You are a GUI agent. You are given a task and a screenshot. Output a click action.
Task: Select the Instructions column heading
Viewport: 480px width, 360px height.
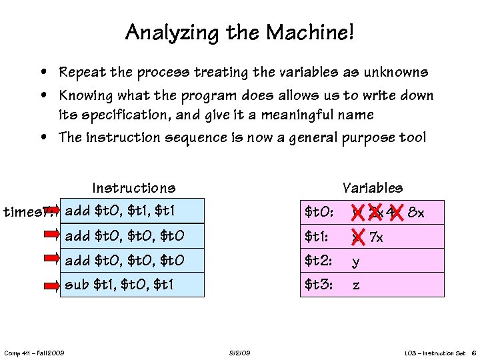[x=134, y=188]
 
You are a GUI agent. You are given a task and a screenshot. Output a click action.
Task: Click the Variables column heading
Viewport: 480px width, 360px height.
[x=372, y=188]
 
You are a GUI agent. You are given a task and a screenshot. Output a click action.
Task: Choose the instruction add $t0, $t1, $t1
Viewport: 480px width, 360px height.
[x=121, y=211]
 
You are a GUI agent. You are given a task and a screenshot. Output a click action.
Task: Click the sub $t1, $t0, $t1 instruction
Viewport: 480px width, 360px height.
[x=119, y=285]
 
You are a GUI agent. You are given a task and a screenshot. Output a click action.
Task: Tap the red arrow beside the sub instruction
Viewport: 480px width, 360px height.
[x=53, y=285]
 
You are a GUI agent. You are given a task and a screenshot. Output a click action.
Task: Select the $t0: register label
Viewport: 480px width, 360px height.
[x=319, y=213]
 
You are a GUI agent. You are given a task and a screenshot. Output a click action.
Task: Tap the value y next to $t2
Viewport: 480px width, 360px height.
[x=356, y=261]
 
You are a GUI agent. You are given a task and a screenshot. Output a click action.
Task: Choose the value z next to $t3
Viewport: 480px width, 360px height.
[x=356, y=285]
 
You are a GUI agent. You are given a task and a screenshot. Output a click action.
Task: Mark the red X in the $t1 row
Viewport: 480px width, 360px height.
[x=357, y=237]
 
